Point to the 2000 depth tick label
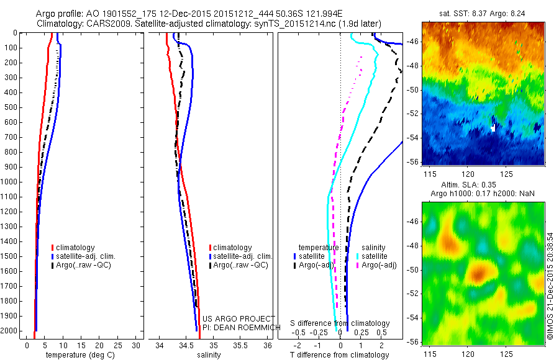(x=10, y=331)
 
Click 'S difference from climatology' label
(x=340, y=323)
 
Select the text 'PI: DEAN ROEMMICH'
(x=233, y=327)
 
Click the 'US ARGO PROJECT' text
(x=230, y=319)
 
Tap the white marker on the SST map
(x=493, y=128)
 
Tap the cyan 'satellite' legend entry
(x=375, y=256)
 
